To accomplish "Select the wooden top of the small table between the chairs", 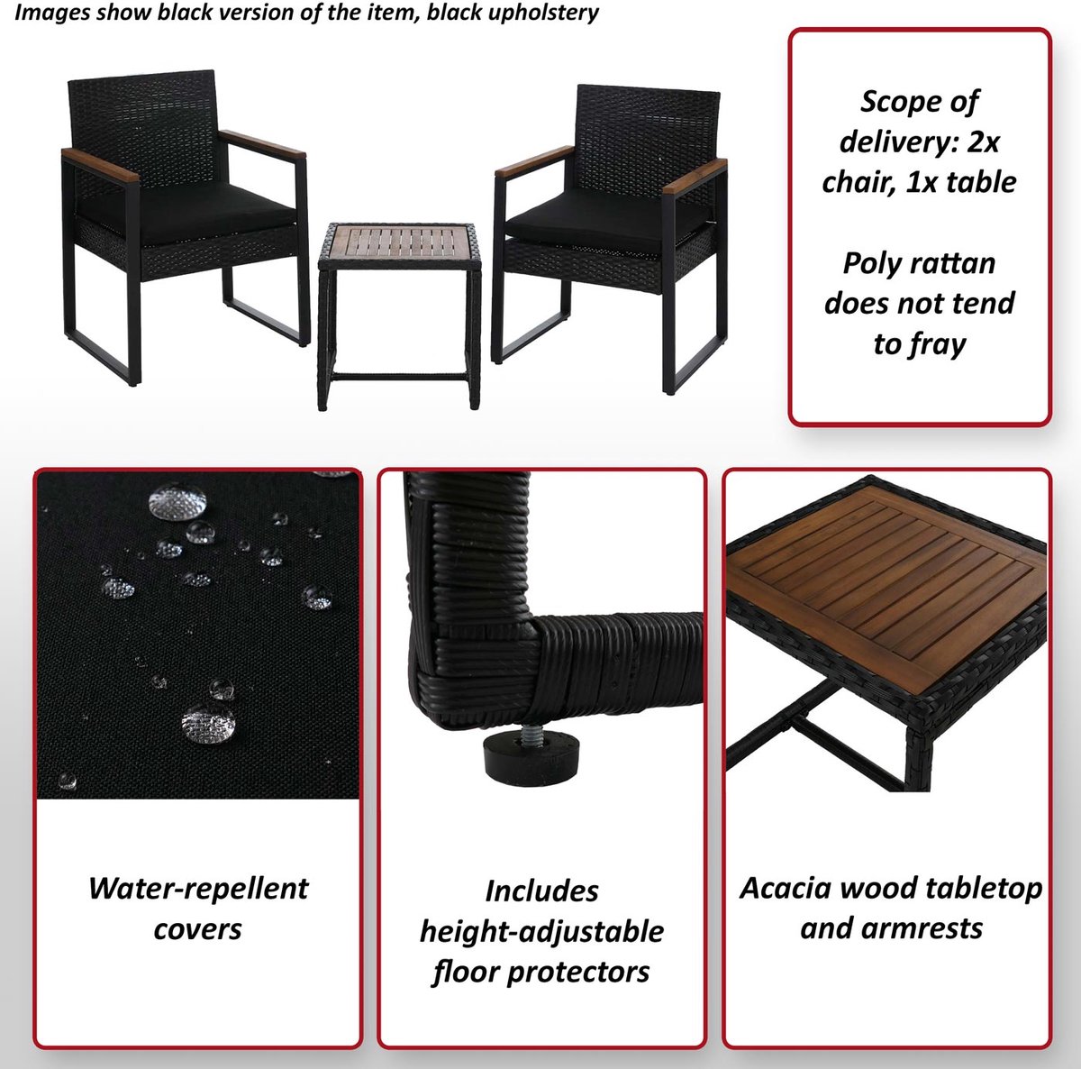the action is tap(399, 242).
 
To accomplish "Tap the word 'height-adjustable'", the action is tap(541, 933).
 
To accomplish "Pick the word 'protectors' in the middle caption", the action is tap(578, 973).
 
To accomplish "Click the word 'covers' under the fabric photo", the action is tap(197, 930).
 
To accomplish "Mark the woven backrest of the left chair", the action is tap(144, 131).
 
